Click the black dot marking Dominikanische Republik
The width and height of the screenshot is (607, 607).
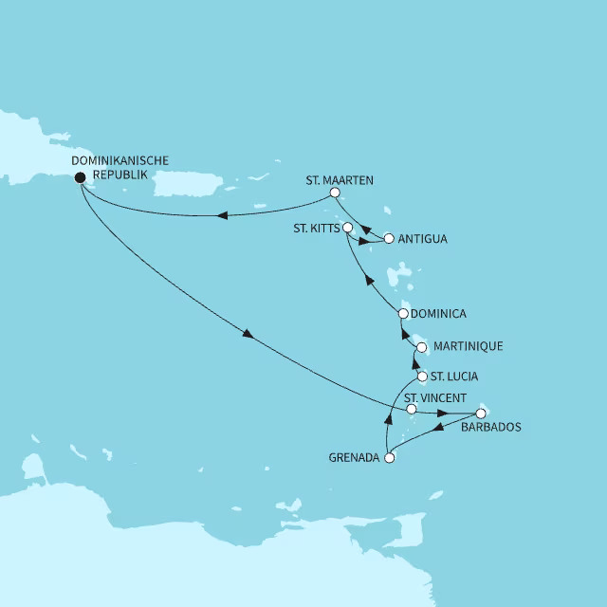click(80, 175)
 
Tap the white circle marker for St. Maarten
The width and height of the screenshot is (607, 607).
click(334, 193)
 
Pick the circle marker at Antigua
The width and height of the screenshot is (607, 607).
click(388, 238)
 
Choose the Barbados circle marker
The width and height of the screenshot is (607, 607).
click(480, 413)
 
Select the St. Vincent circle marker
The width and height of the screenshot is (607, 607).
click(411, 410)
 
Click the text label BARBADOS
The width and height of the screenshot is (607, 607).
click(492, 428)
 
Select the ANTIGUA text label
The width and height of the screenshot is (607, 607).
click(423, 239)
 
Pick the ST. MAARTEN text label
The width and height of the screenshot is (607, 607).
click(340, 178)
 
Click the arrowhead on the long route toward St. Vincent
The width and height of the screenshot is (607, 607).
click(248, 335)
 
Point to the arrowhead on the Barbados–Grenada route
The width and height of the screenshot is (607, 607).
click(439, 429)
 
